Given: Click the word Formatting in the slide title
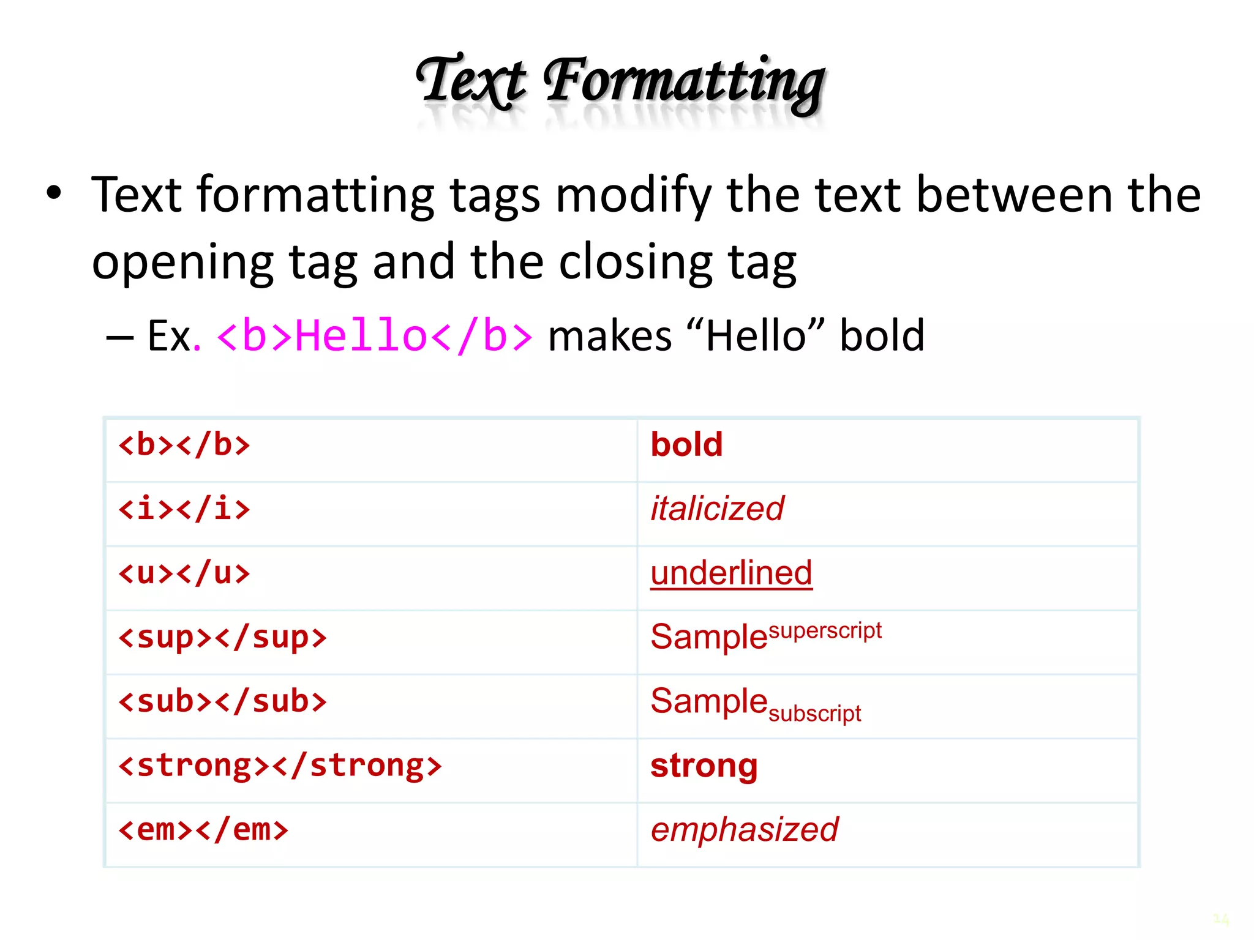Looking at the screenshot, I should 685,83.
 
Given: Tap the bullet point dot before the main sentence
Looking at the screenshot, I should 54,193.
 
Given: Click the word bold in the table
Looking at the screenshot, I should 686,444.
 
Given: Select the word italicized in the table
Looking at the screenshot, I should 717,509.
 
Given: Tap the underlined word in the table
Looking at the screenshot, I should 731,573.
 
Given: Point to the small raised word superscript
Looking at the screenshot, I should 825,630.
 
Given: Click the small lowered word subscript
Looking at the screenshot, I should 814,714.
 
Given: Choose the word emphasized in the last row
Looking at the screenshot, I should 744,830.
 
